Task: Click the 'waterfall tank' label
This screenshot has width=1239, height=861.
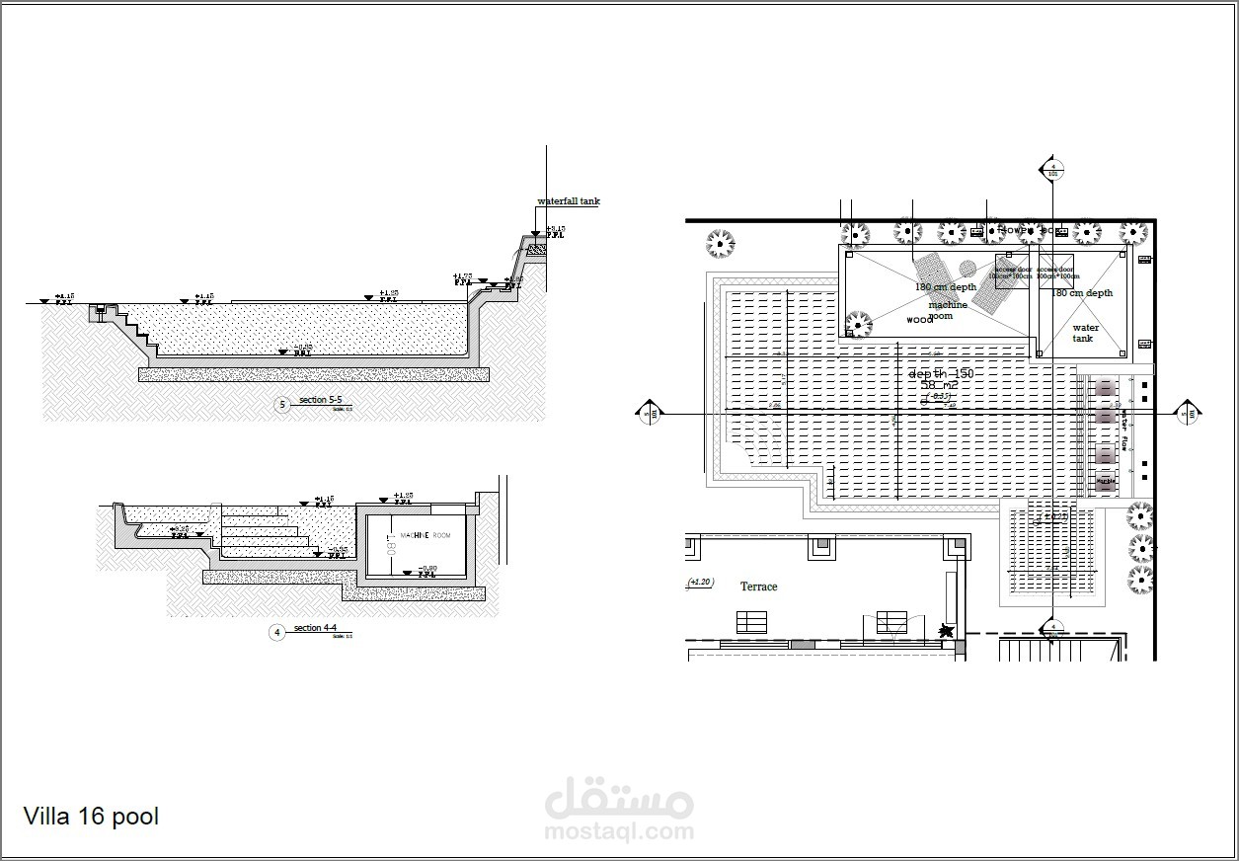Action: (568, 201)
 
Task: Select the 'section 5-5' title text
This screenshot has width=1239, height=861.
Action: (320, 400)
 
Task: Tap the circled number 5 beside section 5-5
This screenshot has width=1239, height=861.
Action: (282, 405)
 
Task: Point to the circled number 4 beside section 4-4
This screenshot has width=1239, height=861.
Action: (277, 632)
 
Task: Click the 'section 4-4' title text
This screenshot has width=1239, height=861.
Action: (315, 628)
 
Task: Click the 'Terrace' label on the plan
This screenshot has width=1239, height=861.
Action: (758, 587)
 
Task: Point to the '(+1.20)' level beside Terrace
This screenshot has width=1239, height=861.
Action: (700, 583)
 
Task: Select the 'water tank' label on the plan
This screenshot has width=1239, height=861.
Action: (1084, 333)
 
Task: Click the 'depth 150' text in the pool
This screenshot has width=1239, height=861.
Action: (940, 374)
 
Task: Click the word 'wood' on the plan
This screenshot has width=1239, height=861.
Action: (919, 320)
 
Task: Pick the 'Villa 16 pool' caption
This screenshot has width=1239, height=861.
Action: (90, 817)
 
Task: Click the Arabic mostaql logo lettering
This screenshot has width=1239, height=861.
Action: (619, 796)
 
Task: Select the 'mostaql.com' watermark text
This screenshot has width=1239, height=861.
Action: (619, 831)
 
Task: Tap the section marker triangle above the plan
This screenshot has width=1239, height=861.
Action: (1052, 169)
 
